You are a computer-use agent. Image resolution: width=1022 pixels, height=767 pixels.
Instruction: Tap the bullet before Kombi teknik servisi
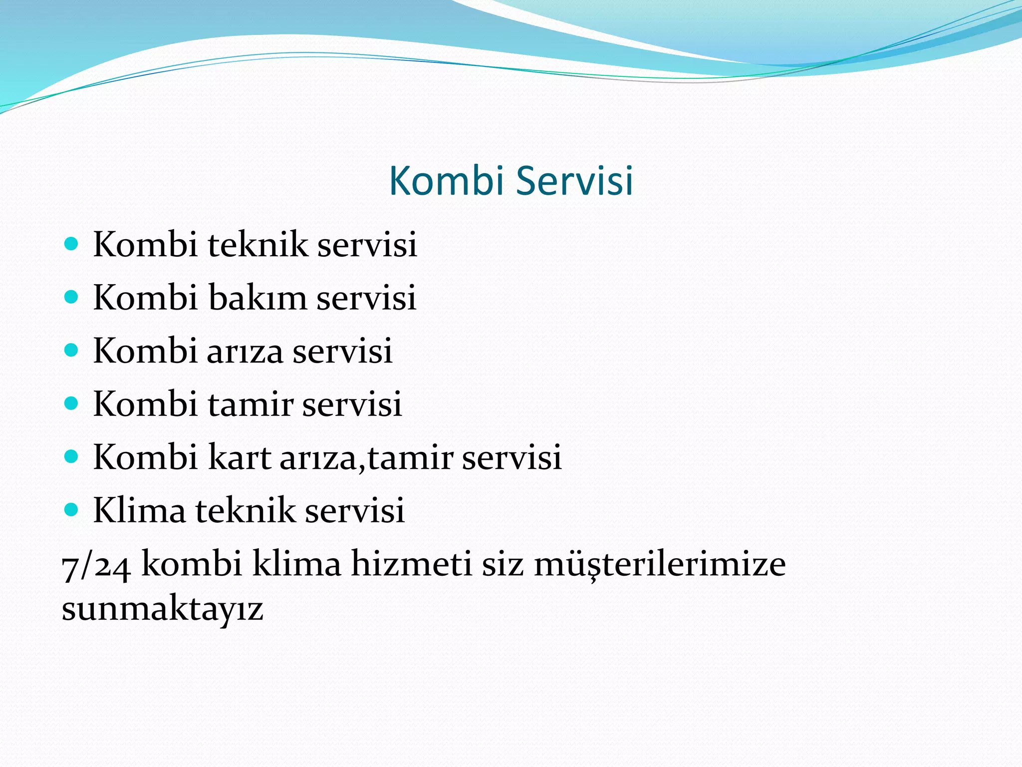[x=72, y=244]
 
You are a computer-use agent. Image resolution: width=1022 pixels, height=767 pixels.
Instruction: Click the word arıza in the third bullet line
[x=245, y=351]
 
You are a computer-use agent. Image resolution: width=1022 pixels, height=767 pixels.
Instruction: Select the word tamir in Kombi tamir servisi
[x=250, y=404]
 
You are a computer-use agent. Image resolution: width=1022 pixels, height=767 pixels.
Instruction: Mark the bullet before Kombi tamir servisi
[x=72, y=403]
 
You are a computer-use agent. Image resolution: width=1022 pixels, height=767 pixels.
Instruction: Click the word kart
[x=239, y=457]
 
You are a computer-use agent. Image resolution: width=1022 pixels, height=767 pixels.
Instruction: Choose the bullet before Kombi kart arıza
[x=72, y=456]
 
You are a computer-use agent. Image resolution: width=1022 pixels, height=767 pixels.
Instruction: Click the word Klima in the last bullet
[x=139, y=510]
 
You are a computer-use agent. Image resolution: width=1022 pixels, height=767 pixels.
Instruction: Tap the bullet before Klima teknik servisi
[x=72, y=510]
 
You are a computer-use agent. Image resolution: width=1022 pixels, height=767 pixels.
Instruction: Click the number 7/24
[x=96, y=565]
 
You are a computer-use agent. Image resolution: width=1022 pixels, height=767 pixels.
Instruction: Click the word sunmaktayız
[x=162, y=609]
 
